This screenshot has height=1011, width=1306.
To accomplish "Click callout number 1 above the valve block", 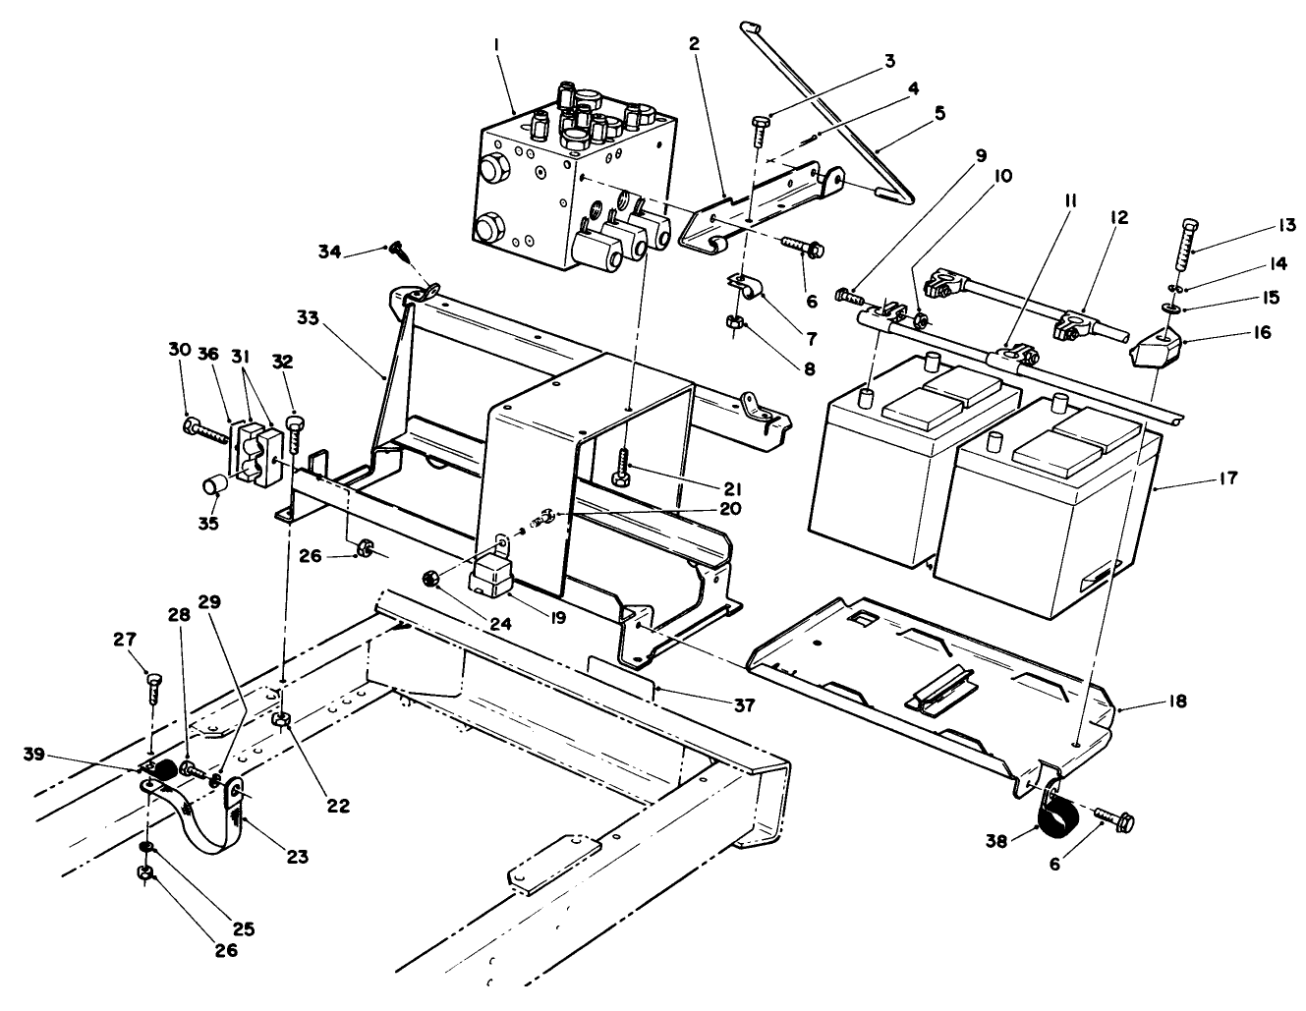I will [498, 45].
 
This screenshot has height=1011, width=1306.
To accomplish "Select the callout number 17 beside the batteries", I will [1227, 478].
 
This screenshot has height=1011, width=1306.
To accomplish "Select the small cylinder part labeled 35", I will [215, 484].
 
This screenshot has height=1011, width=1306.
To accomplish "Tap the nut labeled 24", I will [429, 577].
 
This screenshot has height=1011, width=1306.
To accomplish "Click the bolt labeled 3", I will [759, 130].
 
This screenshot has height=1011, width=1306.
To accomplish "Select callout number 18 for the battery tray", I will [1178, 702].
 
